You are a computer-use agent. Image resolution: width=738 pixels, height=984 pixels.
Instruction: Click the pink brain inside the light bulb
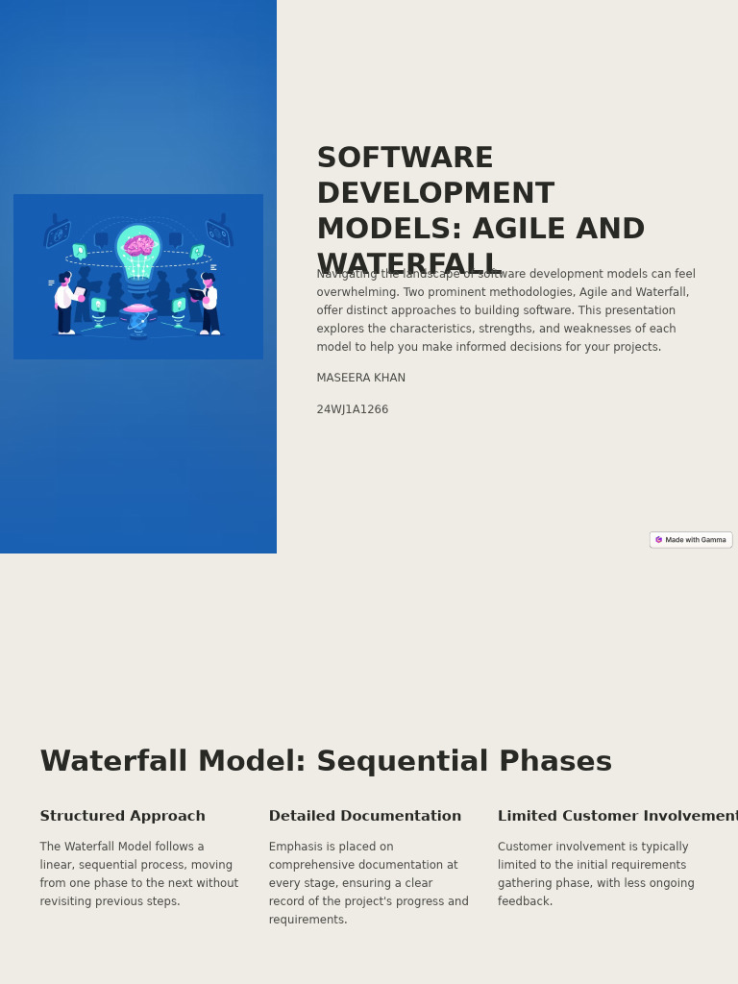[139, 246]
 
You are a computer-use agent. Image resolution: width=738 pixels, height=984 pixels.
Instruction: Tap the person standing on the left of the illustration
[65, 303]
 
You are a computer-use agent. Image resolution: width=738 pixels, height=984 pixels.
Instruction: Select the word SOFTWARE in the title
[405, 158]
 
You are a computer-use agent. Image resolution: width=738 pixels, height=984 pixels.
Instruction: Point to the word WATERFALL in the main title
[408, 263]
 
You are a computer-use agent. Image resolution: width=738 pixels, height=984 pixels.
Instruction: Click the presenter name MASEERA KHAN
[360, 378]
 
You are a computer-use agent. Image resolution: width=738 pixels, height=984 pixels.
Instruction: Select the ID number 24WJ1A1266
[353, 409]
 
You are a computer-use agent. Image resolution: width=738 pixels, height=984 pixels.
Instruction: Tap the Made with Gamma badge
[691, 540]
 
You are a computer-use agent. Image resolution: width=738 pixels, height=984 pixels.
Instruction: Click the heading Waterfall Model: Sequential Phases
[326, 761]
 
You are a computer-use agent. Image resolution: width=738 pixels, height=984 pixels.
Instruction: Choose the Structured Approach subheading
[122, 816]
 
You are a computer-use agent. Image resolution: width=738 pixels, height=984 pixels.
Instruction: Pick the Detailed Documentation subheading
[365, 816]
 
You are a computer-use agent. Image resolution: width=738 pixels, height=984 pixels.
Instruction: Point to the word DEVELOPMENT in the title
[435, 193]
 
